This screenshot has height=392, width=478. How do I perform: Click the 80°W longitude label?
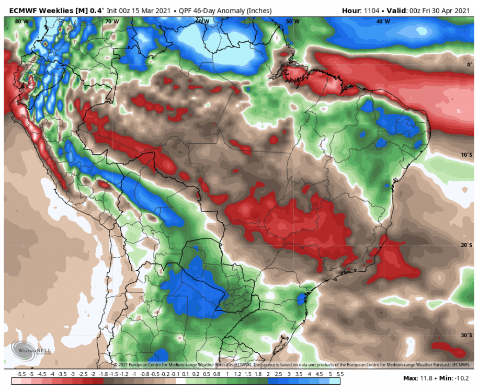tap(22, 21)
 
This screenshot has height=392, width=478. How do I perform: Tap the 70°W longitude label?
tap(111, 21)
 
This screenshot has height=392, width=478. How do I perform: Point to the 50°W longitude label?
tap(293, 21)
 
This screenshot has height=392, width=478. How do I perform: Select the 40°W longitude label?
tap(383, 21)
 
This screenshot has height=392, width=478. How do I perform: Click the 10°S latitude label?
tap(466, 155)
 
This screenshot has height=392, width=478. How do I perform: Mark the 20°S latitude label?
tap(466, 245)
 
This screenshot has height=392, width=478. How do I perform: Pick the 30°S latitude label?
tap(466, 336)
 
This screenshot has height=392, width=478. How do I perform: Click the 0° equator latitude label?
tap(469, 65)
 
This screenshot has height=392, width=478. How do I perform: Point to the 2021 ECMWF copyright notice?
tap(291, 364)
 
